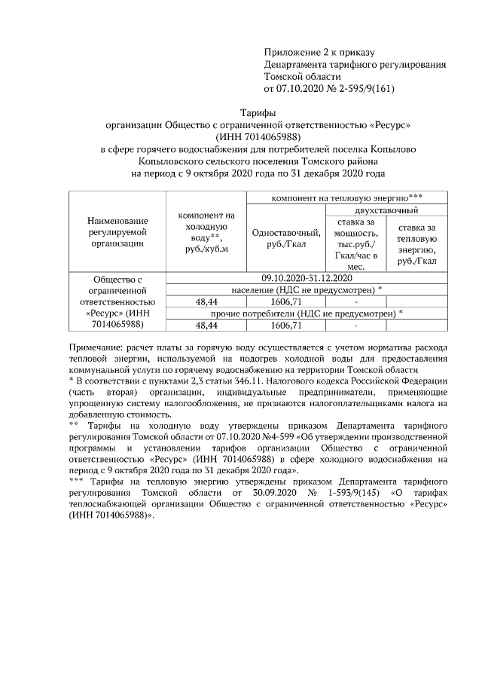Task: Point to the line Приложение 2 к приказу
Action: [319, 52]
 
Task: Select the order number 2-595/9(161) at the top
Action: [363, 88]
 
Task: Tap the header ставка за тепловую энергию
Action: [416, 244]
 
